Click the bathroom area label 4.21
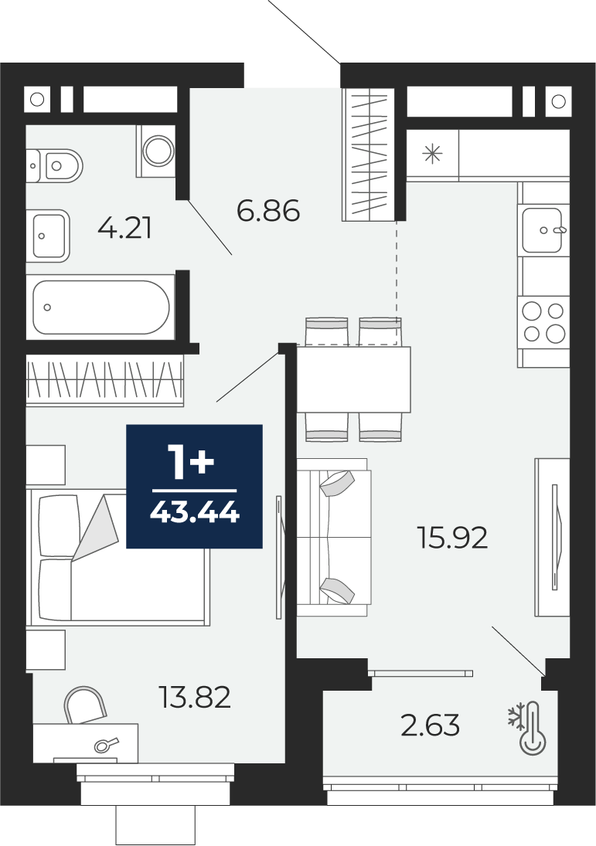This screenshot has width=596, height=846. tap(124, 228)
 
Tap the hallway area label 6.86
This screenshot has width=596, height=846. tap(268, 210)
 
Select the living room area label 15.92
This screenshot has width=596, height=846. tap(453, 538)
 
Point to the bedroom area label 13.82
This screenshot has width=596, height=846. tap(195, 697)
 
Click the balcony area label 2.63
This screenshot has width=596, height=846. tap(431, 725)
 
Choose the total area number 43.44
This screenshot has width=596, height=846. tap(194, 512)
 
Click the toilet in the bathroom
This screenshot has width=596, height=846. tap(55, 165)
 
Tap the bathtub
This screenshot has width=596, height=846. tap(101, 307)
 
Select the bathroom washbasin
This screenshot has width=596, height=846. tap(49, 236)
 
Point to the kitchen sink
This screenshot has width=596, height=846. tap(543, 229)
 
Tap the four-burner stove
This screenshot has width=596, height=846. tap(544, 323)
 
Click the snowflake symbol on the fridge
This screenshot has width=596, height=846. tap(432, 155)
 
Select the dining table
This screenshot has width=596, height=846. tap(353, 379)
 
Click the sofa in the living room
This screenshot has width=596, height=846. tap(334, 537)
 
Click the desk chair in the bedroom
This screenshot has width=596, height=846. tap(85, 704)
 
